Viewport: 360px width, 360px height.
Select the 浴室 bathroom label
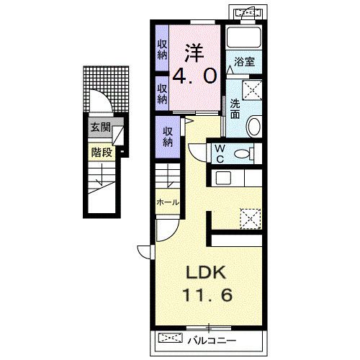244,62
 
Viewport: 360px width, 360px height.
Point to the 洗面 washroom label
235,109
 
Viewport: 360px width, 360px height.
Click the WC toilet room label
220,154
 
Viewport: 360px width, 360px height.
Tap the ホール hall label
168,202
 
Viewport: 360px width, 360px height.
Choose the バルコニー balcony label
212,341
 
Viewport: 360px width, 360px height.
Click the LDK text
206,273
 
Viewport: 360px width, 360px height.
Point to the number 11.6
207,295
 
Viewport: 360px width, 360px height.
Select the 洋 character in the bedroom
194,53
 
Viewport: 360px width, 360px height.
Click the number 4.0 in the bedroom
194,76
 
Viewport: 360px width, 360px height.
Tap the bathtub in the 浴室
244,37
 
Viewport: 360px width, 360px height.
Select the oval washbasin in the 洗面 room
254,126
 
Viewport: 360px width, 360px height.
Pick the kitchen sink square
223,178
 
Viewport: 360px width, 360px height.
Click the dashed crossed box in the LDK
251,219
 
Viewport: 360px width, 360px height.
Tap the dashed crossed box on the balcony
171,338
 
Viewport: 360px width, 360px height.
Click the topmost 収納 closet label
163,50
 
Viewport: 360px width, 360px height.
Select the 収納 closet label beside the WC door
168,138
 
